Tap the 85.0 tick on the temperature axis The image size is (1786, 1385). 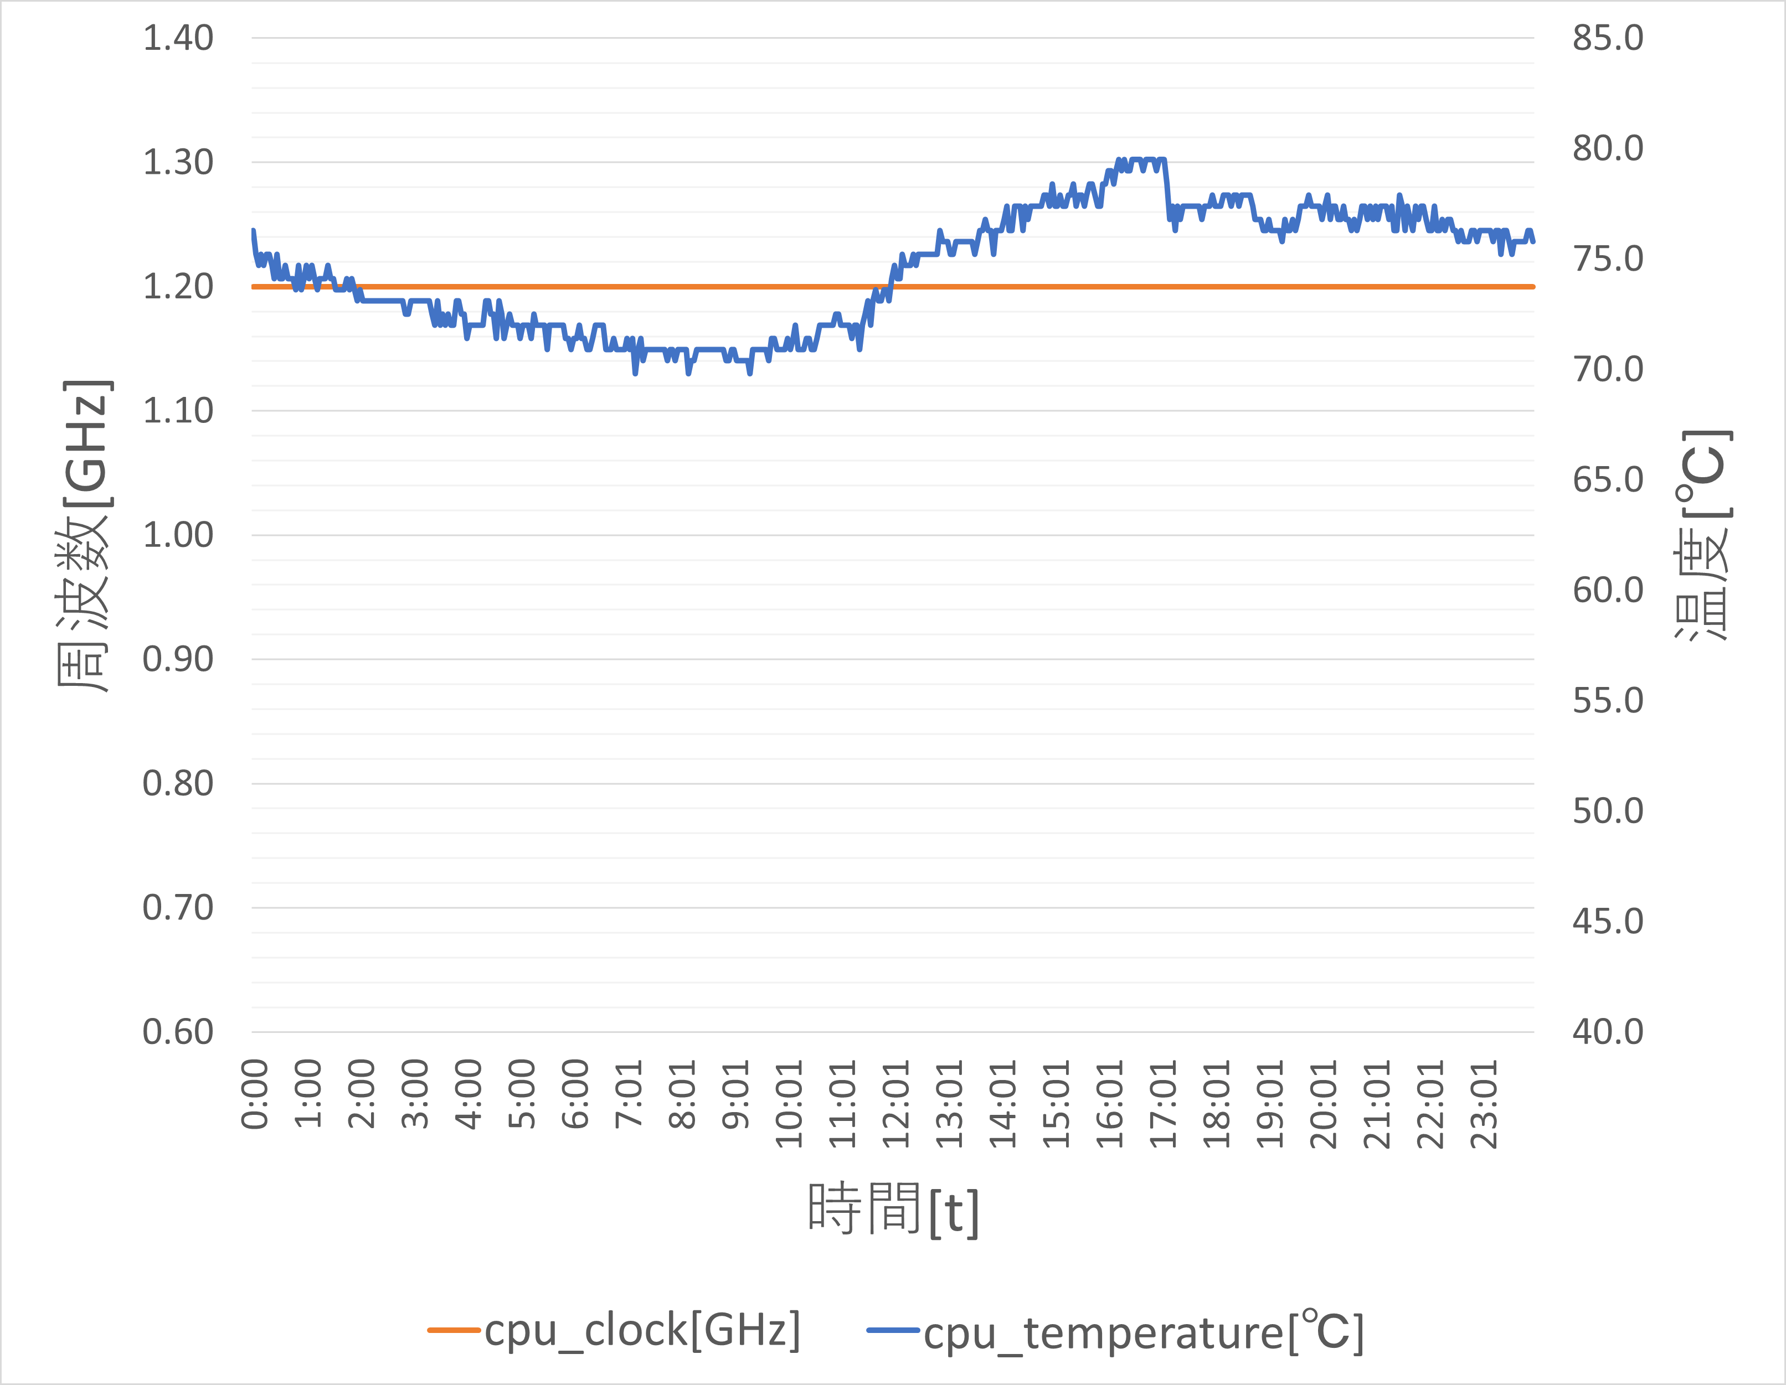[x=1608, y=38]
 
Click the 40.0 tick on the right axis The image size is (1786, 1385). [x=1608, y=1032]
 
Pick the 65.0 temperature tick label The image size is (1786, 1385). [x=1608, y=480]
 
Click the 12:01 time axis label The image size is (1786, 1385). [x=895, y=1104]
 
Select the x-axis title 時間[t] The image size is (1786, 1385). [x=893, y=1209]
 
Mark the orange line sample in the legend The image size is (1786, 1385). [x=453, y=1330]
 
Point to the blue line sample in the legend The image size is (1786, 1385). [x=893, y=1330]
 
